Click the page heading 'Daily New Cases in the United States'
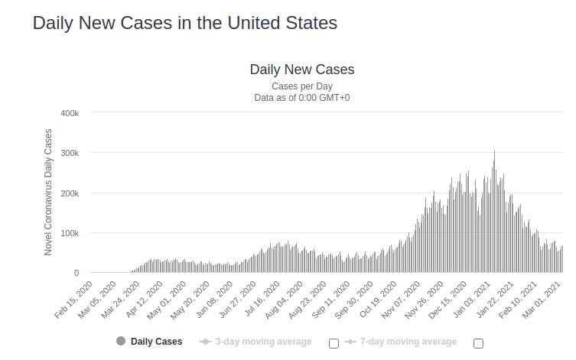tap(184, 23)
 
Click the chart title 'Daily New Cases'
tap(302, 70)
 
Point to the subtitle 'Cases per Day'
tap(302, 86)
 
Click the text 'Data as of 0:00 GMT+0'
tap(302, 98)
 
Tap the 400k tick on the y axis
tap(70, 113)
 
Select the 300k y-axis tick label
tap(70, 153)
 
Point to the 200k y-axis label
tap(70, 193)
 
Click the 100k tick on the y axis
tap(70, 233)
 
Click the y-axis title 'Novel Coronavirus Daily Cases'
tap(48, 192)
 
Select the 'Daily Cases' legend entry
tap(149, 342)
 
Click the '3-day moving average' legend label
tap(263, 342)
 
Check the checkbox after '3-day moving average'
tap(334, 343)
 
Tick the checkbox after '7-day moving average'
tap(478, 343)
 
